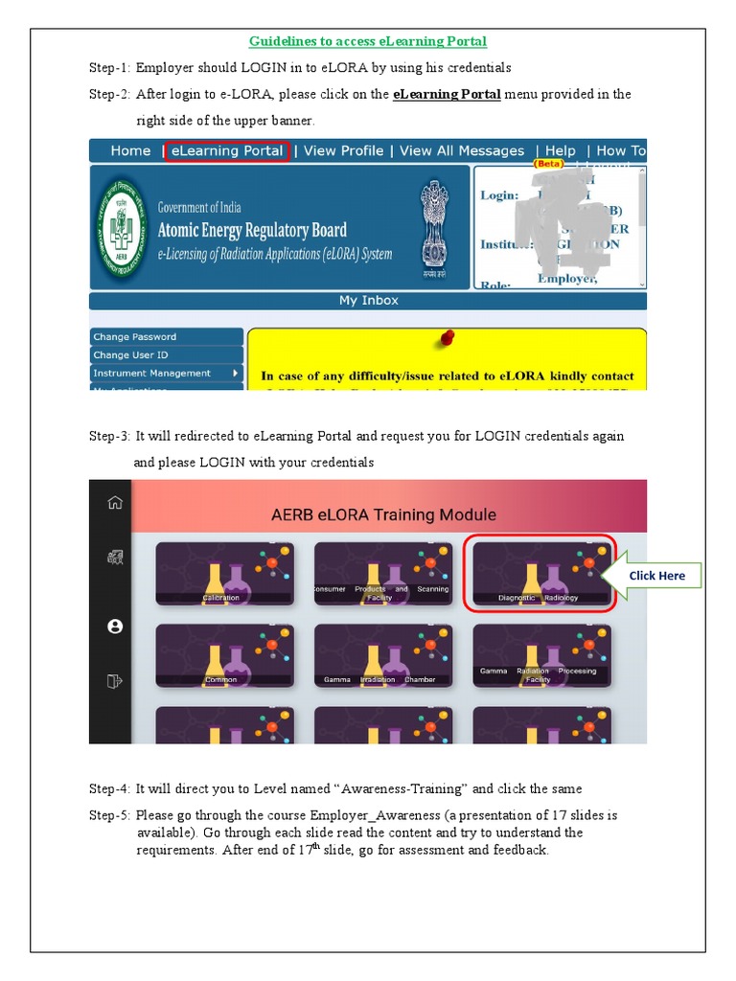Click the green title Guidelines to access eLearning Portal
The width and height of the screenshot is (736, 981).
(x=368, y=41)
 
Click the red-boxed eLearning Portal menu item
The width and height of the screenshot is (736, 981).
(x=226, y=151)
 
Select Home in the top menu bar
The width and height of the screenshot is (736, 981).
(x=130, y=151)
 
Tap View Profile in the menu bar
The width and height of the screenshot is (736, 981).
(x=343, y=151)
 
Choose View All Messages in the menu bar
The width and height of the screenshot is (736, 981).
(x=462, y=151)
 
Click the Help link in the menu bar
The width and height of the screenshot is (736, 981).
(x=561, y=151)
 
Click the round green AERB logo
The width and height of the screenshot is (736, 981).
(x=122, y=227)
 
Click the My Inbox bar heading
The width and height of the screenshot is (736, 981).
(x=368, y=301)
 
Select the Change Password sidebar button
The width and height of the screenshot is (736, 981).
(x=165, y=337)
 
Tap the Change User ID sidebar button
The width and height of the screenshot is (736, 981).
(x=165, y=355)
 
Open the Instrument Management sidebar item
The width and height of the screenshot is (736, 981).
(x=165, y=374)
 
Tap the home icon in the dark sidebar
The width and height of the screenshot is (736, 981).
(x=115, y=503)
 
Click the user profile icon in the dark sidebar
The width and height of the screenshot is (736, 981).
(x=115, y=627)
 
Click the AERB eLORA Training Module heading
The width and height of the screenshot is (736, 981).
(x=383, y=515)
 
